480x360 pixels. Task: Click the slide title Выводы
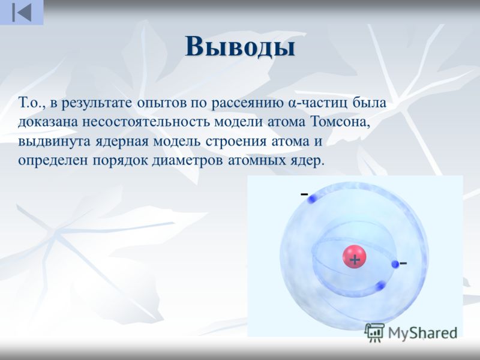(x=240, y=47)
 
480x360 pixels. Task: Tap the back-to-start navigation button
(x=22, y=13)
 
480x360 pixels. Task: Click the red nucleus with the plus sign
(x=354, y=257)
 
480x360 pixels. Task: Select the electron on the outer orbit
(x=311, y=199)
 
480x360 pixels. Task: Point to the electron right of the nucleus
(x=395, y=264)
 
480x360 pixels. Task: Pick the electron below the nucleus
(x=380, y=286)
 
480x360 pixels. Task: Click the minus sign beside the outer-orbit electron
(x=304, y=194)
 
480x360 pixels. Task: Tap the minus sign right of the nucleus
(x=403, y=263)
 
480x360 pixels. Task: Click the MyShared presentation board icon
(x=374, y=333)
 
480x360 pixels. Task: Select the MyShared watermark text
(x=423, y=333)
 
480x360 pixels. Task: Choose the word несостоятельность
(x=146, y=122)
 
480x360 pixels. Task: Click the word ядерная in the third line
(x=122, y=142)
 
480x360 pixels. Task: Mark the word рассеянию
(x=247, y=103)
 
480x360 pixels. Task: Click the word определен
(x=53, y=161)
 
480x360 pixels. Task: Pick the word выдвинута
(x=55, y=142)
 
